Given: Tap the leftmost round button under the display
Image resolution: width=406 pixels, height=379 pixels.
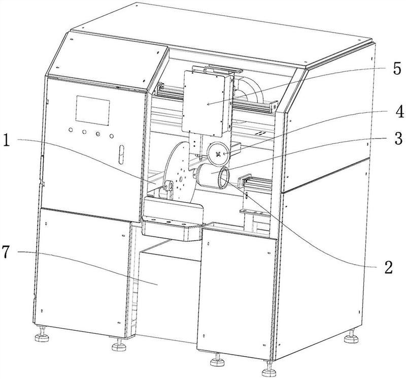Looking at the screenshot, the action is pos(70,131).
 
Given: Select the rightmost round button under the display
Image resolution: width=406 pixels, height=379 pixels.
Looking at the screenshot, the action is pos(110,136).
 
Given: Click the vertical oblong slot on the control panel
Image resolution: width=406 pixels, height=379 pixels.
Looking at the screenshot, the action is pos(121,153).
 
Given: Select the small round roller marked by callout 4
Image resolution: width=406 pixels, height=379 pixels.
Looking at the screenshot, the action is pos(219,152).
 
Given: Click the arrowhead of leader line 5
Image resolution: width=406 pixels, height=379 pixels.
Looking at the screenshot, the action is pos(207,104).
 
